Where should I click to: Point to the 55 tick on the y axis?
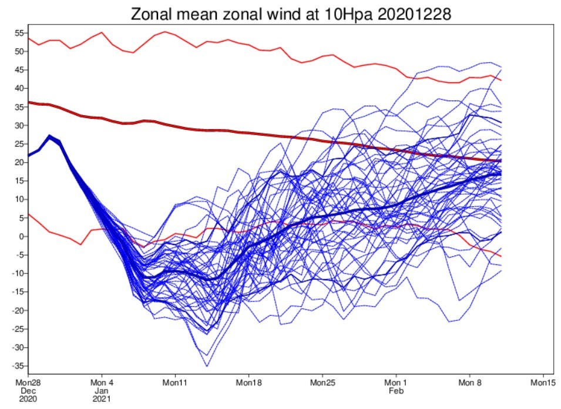pyautogui.click(x=19, y=33)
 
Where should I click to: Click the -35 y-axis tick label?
pyautogui.click(x=18, y=366)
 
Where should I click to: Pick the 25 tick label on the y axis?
pyautogui.click(x=19, y=144)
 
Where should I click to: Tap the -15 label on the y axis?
pyautogui.click(x=18, y=291)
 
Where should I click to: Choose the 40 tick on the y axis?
pyautogui.click(x=19, y=88)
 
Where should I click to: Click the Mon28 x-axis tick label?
pyautogui.click(x=28, y=383)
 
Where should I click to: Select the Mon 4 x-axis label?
pyautogui.click(x=102, y=383)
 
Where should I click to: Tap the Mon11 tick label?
pyautogui.click(x=175, y=383)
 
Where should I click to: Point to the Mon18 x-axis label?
pyautogui.click(x=248, y=383)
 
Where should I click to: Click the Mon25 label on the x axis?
pyautogui.click(x=323, y=383)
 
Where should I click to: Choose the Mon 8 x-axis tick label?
pyautogui.click(x=470, y=383)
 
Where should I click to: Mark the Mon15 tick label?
pyautogui.click(x=543, y=383)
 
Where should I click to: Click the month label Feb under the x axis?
pyautogui.click(x=396, y=391)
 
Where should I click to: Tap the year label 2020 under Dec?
pyautogui.click(x=28, y=398)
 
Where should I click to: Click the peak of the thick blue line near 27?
pyautogui.click(x=49, y=136)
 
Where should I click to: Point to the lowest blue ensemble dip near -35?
pyautogui.click(x=207, y=366)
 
